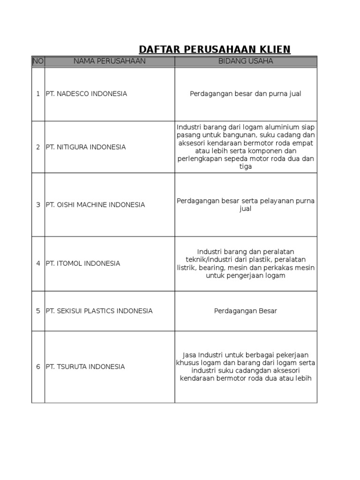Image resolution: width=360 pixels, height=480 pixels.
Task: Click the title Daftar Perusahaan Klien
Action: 215,50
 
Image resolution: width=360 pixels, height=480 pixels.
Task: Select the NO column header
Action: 37,61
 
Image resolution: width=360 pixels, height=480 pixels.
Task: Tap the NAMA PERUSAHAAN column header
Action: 110,61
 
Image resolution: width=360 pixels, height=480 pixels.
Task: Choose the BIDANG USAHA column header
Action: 246,61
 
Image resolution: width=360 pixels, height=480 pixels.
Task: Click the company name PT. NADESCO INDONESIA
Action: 86,94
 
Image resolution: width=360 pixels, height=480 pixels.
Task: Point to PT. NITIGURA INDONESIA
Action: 86,147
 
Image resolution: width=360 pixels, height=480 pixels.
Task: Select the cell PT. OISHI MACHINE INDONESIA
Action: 95,205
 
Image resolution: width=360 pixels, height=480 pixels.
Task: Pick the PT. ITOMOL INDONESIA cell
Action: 83,263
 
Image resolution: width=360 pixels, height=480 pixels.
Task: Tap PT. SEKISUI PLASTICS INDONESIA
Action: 99,311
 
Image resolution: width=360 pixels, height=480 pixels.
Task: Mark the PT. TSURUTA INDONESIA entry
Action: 85,367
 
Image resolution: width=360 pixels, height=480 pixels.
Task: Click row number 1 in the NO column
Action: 38,94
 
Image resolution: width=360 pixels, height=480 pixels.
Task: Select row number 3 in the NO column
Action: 38,205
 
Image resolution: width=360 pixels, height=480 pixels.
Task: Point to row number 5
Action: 38,311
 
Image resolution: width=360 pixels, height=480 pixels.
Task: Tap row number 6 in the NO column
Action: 38,367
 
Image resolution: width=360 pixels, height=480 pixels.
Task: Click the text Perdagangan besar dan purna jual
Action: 246,94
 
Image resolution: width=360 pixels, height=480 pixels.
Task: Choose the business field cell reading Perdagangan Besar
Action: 246,311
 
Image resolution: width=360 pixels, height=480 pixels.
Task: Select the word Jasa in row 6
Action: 189,355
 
